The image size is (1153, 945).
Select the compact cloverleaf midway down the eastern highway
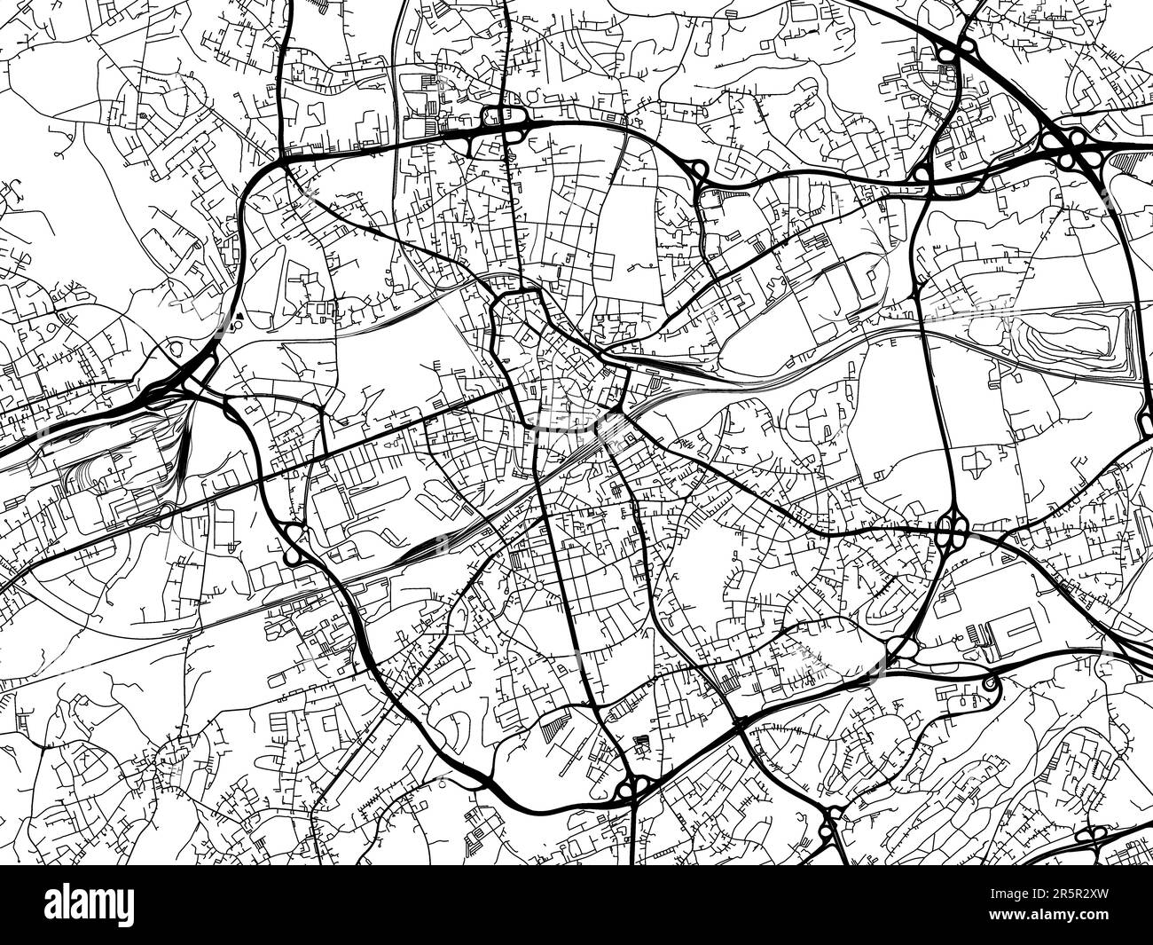click(x=951, y=533)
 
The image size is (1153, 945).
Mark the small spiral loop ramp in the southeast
click(x=989, y=683)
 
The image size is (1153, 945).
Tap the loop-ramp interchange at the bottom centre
click(x=632, y=785)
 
